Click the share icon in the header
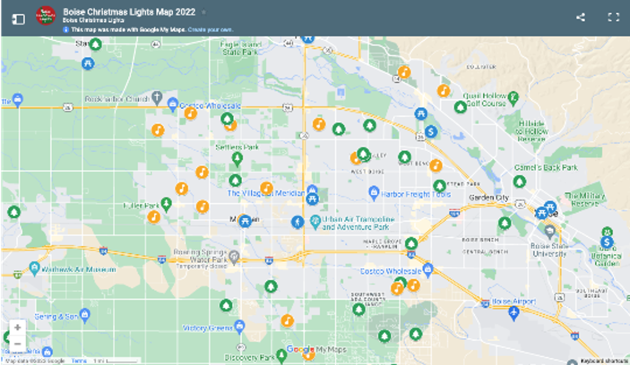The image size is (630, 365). (580, 17)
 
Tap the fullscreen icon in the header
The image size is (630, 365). (613, 17)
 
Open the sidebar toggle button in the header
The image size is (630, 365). (18, 19)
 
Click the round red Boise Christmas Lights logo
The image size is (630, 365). (46, 15)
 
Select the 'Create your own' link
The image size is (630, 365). (210, 30)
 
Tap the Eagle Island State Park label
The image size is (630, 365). (241, 48)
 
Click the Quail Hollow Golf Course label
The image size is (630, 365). (485, 100)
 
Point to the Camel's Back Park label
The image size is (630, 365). (546, 168)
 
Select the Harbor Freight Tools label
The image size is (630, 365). (415, 194)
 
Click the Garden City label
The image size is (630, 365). (489, 198)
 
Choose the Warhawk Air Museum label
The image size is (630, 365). (79, 270)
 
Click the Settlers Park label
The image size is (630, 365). (237, 147)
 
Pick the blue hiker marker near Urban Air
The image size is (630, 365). (298, 222)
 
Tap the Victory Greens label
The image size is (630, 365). (207, 328)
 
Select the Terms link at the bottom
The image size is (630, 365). (79, 361)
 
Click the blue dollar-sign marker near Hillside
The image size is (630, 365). (431, 132)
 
